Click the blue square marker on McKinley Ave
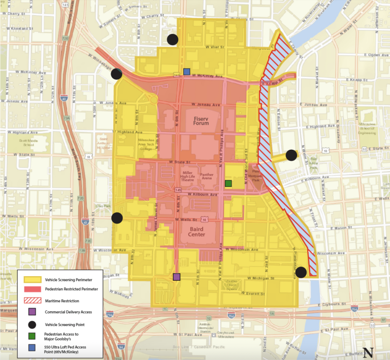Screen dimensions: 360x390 coord(187,72)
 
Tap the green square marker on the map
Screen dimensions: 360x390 coord(229,183)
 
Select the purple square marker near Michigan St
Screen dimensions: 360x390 coord(177,277)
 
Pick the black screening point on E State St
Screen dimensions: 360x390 coord(291,155)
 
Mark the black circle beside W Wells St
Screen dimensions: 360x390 coord(117,218)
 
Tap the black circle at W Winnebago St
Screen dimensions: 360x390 coord(117,74)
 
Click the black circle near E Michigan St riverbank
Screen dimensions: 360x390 coord(301,272)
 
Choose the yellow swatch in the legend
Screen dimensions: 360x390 coord(31,279)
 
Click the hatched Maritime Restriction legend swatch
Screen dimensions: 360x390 coord(31,300)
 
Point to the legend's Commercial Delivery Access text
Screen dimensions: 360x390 coord(66,311)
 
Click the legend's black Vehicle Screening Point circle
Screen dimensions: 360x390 coord(31,323)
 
